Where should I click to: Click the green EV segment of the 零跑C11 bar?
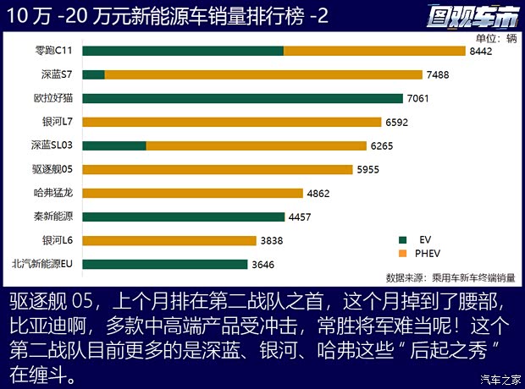(x=183, y=51)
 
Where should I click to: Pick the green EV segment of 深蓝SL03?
(x=114, y=145)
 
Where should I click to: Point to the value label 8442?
(x=480, y=52)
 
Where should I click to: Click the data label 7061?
(x=418, y=99)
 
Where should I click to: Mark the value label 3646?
(x=262, y=265)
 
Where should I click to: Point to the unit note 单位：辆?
(x=495, y=38)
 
